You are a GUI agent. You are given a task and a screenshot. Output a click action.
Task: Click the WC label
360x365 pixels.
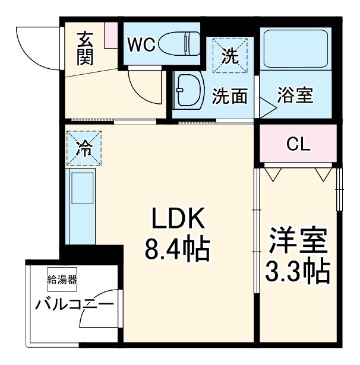(141, 45)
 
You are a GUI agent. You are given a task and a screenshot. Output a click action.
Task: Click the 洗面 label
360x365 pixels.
(230, 96)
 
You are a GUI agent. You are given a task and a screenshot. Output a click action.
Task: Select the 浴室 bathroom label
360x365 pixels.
(295, 95)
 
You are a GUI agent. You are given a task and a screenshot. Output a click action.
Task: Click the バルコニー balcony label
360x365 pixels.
(74, 306)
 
